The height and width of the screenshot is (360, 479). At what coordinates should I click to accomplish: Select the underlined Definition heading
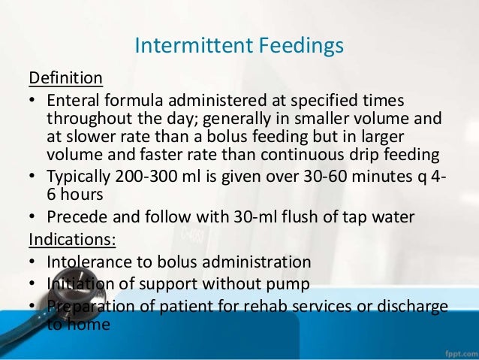(x=65, y=78)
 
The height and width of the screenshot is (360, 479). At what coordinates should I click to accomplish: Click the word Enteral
(x=74, y=101)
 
